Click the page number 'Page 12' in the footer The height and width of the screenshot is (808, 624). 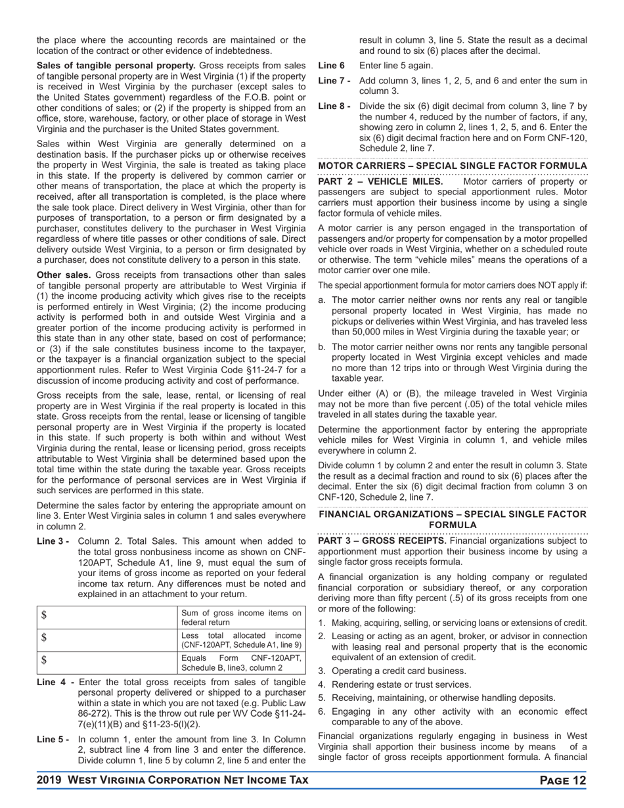562,780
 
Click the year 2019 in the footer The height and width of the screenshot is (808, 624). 50,780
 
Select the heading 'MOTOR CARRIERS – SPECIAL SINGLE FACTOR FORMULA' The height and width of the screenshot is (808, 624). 453,166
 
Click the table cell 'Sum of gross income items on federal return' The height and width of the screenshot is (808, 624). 241,617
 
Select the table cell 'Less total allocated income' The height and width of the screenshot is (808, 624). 241,640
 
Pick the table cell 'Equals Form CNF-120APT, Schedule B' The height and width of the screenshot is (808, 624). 241,663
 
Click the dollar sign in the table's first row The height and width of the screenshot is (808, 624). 44,616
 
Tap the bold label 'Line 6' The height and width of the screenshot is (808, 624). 331,66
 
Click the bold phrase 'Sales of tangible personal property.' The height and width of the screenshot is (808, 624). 116,66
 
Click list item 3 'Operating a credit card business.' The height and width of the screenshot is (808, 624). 399,671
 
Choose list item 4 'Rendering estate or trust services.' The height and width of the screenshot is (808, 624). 401,685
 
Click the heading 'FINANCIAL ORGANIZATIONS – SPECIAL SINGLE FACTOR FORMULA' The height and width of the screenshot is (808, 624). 453,520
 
